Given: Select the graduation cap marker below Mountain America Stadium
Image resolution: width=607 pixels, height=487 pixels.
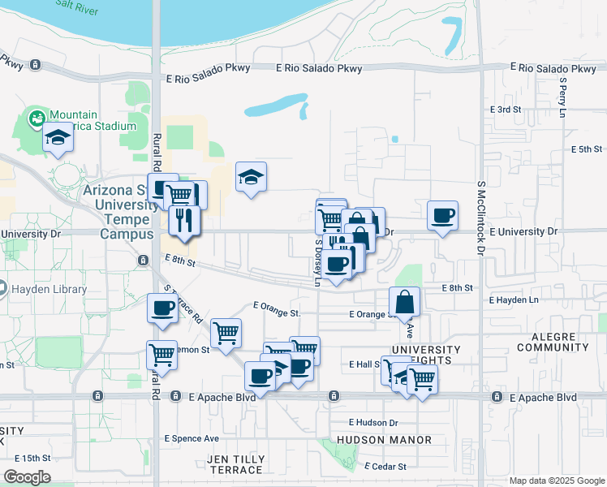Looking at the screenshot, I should pos(58,139).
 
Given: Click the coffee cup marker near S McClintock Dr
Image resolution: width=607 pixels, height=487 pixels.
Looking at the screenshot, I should pos(443,216).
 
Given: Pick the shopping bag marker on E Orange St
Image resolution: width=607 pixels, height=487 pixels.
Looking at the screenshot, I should pos(404,303).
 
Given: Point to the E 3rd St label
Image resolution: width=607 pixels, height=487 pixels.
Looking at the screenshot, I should pos(504,110).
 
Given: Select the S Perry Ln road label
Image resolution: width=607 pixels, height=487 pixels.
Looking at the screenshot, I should pos(562,97).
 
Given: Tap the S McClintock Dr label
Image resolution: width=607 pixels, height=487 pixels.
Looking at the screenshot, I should pos(480,218).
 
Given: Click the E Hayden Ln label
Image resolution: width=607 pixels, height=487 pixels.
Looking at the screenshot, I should pos(514,300).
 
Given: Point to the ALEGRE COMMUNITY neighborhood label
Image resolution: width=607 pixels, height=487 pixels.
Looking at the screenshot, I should pos(552,342).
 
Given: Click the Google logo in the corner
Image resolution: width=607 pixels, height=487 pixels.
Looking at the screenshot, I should pos(27,476).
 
